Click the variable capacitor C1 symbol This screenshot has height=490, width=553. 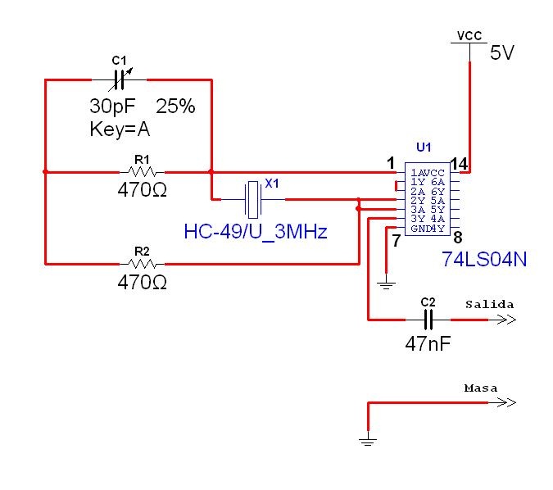pyautogui.click(x=120, y=79)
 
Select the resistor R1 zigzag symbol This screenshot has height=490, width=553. pyautogui.click(x=143, y=172)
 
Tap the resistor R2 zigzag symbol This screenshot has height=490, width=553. pyautogui.click(x=143, y=264)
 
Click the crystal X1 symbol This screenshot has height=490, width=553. pyautogui.click(x=253, y=198)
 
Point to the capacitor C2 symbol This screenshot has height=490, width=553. pyautogui.click(x=428, y=320)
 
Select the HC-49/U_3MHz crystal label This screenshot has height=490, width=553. pyautogui.click(x=256, y=232)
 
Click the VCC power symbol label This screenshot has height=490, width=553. pyautogui.click(x=469, y=36)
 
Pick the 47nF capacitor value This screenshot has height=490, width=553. pyautogui.click(x=428, y=343)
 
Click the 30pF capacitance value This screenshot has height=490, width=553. pyautogui.click(x=111, y=107)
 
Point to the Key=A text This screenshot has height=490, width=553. pyautogui.click(x=120, y=129)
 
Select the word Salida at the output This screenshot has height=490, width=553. pyautogui.click(x=490, y=304)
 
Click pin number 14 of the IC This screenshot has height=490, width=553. pyautogui.click(x=459, y=164)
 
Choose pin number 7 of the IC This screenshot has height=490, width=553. pyautogui.click(x=396, y=240)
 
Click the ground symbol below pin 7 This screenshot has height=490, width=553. pyautogui.click(x=386, y=284)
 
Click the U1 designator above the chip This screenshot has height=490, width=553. pyautogui.click(x=424, y=147)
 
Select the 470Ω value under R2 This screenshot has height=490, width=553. pyautogui.click(x=143, y=283)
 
